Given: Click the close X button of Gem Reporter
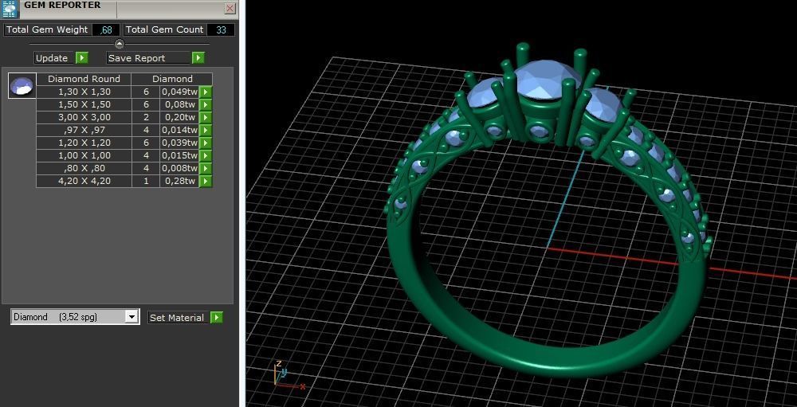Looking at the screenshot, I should pos(230,9).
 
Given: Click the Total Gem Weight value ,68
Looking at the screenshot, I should pos(106,29).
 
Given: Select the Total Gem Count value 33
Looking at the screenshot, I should pos(221,29).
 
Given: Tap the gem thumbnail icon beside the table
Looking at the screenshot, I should pos(22,85).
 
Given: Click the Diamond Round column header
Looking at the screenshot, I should pos(84,79).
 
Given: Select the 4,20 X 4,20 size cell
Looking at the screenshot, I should pos(84,181).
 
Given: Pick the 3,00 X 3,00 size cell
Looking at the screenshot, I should pos(84,117).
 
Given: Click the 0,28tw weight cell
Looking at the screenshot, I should pos(179,181).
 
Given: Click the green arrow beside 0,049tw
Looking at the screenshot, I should pos(206,92).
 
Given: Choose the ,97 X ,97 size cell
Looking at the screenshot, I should pos(84,130).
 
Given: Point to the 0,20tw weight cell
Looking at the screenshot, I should pos(179,117).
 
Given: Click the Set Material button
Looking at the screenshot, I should pos(178,318).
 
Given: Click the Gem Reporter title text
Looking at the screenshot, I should pos(62,6).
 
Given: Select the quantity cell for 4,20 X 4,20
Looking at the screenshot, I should pos(146,181).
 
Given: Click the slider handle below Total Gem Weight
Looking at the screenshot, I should pos(120,44).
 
